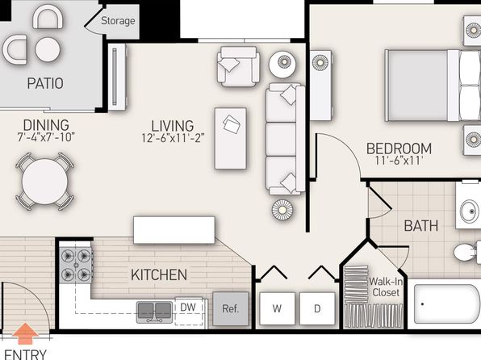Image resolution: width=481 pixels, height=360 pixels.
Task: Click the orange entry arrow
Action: (26, 333)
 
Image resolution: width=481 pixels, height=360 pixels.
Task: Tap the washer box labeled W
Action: (277, 308)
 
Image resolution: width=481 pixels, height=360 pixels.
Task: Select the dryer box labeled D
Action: (317, 308)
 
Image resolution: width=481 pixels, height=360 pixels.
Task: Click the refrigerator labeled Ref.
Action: (230, 308)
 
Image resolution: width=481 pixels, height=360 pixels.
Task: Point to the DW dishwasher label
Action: (188, 308)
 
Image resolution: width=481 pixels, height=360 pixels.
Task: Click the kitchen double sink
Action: (154, 312)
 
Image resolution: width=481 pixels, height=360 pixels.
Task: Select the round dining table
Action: (44, 182)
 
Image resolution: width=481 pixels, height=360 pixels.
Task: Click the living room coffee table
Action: (230, 138)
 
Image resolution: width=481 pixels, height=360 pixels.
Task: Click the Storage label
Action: (118, 21)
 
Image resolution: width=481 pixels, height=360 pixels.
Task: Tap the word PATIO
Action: (45, 83)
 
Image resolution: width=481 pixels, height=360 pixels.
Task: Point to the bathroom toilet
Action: (466, 253)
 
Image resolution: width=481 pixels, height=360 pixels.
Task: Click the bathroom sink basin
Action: (470, 211)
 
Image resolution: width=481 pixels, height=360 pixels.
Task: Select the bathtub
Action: (447, 303)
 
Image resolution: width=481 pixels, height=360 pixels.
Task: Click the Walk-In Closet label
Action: (386, 287)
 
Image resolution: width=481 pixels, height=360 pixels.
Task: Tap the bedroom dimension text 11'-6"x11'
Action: (399, 161)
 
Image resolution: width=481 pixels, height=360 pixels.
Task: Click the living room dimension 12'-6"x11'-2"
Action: (173, 138)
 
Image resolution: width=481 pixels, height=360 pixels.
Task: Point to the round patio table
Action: (48, 49)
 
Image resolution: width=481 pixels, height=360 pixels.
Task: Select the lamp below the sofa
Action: (282, 210)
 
